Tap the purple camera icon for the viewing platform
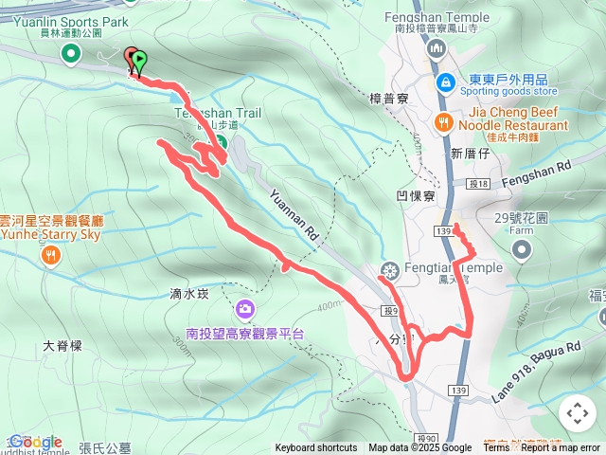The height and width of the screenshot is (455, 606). (245, 309)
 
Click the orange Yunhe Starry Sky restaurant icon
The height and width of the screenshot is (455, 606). (51, 254)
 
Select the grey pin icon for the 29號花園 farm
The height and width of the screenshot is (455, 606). (521, 249)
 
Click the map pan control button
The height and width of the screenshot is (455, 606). (578, 413)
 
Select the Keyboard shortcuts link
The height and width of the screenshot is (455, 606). (316, 448)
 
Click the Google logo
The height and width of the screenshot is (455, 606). (35, 442)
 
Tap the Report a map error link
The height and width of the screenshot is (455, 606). (561, 448)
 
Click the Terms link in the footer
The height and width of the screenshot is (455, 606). (496, 448)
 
